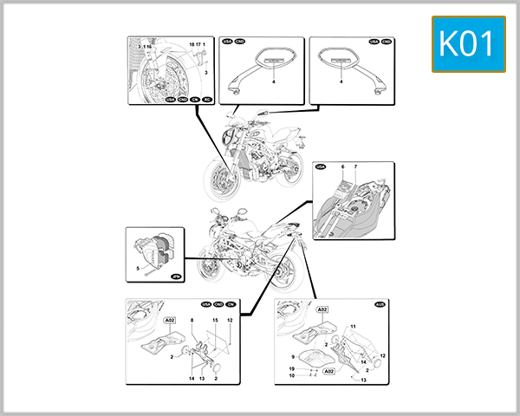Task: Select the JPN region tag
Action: (x=176, y=276)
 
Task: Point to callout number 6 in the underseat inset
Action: (x=343, y=166)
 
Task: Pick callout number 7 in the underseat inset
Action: (x=354, y=166)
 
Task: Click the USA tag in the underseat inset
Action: (x=322, y=166)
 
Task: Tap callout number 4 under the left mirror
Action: (x=272, y=81)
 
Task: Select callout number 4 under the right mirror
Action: (x=341, y=81)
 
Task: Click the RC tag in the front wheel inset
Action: (x=207, y=100)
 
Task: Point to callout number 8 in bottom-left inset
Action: (x=192, y=321)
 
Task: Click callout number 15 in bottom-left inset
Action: (x=215, y=321)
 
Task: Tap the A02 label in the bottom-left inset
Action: (x=171, y=321)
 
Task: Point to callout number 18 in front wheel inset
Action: (x=190, y=42)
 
